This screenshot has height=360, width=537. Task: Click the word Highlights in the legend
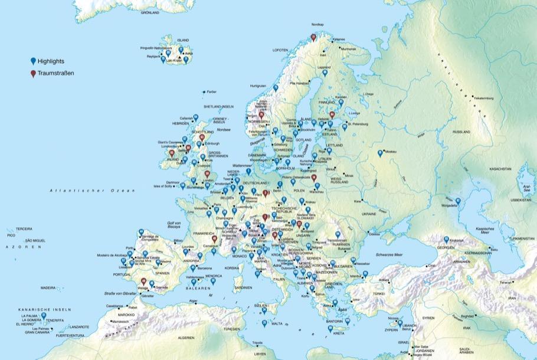(x=51, y=61)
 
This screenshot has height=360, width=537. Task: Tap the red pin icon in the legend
(x=33, y=74)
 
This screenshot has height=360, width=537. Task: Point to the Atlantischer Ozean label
(x=93, y=191)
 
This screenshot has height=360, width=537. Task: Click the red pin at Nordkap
(x=313, y=37)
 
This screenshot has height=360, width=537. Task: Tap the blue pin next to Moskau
(x=380, y=153)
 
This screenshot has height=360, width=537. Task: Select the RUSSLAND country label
(x=461, y=132)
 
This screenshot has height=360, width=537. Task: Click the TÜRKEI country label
(x=379, y=293)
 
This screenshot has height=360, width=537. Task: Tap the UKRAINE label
(x=369, y=214)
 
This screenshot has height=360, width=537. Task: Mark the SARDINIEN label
(x=243, y=287)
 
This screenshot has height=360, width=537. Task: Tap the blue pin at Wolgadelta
(x=457, y=202)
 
